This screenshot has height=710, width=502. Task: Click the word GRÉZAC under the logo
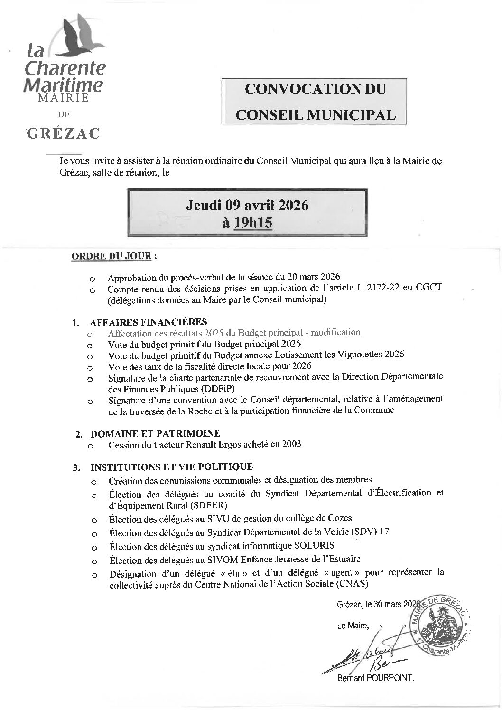tap(63, 133)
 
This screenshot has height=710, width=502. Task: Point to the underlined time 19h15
tap(253, 222)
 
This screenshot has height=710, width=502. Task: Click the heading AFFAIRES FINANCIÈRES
tap(148, 322)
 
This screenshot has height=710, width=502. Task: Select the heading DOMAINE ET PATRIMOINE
tap(155, 433)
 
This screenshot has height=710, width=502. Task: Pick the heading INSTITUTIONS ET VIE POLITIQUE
tap(171, 467)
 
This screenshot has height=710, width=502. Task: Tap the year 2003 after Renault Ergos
tap(291, 445)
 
